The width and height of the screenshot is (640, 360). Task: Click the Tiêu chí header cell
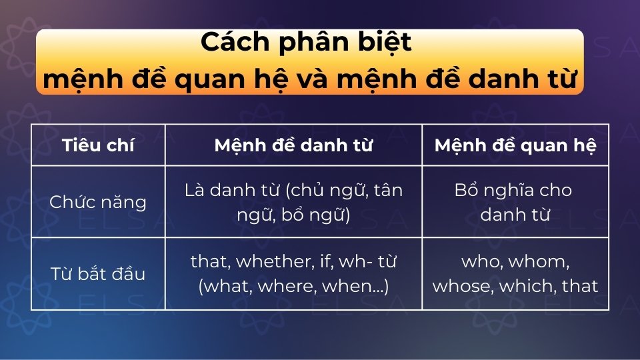pos(98,145)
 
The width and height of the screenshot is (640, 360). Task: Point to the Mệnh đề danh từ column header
pos(293,145)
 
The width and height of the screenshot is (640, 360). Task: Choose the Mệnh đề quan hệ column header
pos(515,145)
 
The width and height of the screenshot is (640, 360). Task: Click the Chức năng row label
pos(98,202)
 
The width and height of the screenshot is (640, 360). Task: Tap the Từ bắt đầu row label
pos(98,273)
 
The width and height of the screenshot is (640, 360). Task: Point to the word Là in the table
pos(193,190)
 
